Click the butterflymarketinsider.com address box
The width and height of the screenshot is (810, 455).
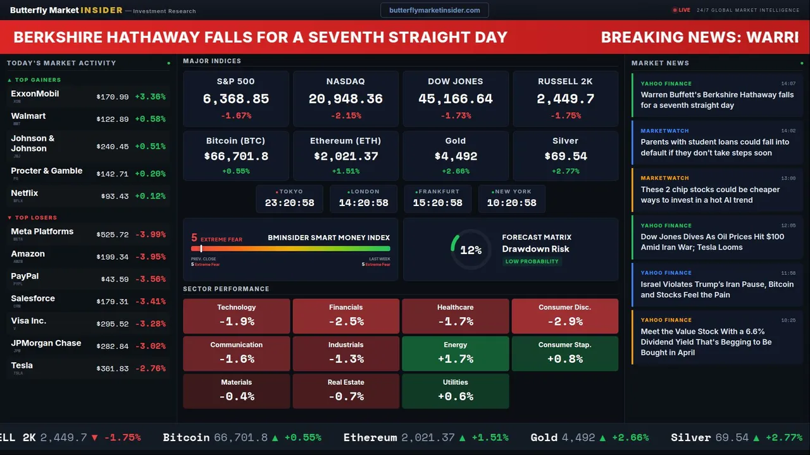click(434, 10)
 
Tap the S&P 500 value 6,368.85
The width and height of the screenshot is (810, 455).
click(235, 99)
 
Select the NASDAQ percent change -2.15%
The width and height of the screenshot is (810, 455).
click(346, 116)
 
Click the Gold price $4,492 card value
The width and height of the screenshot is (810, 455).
click(456, 156)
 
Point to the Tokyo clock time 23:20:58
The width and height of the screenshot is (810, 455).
click(289, 203)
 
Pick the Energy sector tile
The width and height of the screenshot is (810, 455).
click(456, 353)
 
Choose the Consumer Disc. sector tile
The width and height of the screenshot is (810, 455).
click(564, 316)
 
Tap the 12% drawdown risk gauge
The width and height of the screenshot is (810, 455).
click(470, 250)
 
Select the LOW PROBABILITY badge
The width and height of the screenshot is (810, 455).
click(532, 262)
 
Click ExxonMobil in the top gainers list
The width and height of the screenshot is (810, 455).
click(35, 94)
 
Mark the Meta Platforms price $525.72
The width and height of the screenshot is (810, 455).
click(113, 234)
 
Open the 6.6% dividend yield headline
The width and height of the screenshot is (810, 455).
click(706, 342)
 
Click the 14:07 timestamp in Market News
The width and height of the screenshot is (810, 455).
click(788, 83)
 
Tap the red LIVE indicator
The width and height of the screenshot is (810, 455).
click(682, 10)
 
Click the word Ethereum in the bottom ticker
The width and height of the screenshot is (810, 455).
click(370, 437)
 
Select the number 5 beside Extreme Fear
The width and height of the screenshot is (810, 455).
click(194, 238)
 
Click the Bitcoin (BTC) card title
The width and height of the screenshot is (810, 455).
click(235, 141)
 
